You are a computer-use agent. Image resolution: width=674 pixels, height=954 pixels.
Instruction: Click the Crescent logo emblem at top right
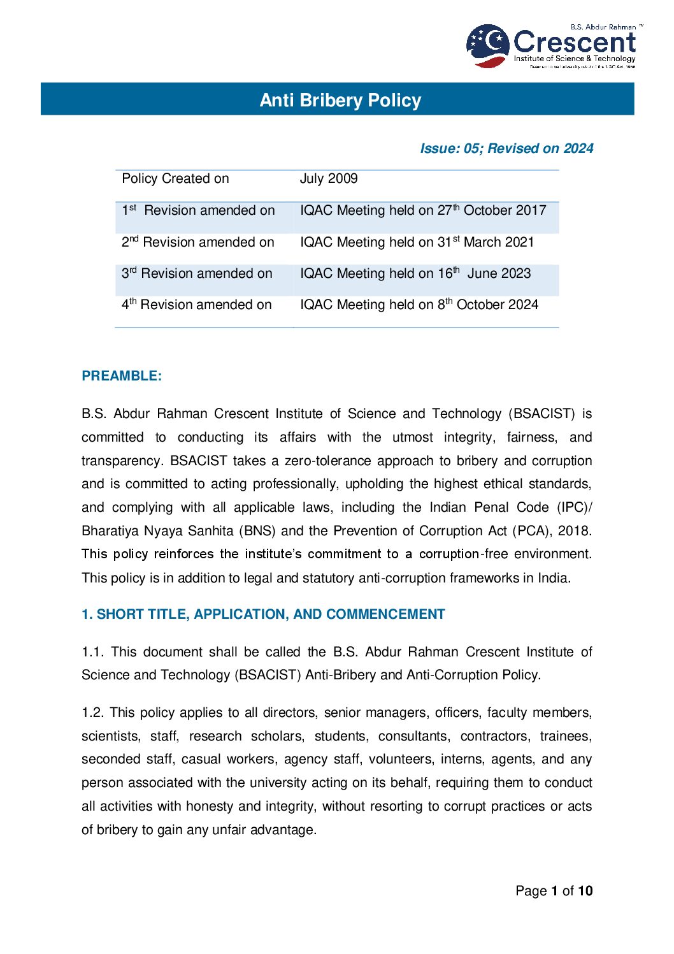tap(488, 45)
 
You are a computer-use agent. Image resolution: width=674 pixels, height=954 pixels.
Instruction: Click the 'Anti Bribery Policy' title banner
tap(340, 100)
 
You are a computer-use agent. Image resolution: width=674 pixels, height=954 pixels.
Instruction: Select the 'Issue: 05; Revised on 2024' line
tap(506, 148)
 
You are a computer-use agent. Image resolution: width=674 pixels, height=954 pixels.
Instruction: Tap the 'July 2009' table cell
tap(329, 178)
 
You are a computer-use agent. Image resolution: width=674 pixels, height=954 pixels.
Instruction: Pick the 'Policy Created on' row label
tap(175, 178)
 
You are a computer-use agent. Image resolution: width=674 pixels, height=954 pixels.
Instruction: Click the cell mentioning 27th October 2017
tap(423, 210)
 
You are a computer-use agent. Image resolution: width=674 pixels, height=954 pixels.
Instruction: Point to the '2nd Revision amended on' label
tap(197, 242)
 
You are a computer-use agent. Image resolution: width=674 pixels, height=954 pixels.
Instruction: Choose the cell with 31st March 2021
tap(417, 242)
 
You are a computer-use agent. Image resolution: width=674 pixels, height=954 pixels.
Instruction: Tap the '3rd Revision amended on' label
tap(197, 273)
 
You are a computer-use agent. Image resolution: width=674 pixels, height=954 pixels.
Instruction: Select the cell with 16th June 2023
tap(415, 273)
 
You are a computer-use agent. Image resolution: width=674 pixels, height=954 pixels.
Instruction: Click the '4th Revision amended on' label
tap(196, 305)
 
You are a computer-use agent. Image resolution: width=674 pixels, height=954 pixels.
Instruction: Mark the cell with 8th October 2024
tap(419, 305)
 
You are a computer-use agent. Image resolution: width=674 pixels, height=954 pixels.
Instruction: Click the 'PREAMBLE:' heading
tap(122, 376)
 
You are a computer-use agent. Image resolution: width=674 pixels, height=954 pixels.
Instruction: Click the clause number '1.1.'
tap(93, 652)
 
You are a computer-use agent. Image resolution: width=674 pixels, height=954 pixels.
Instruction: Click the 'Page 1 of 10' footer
tap(554, 891)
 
